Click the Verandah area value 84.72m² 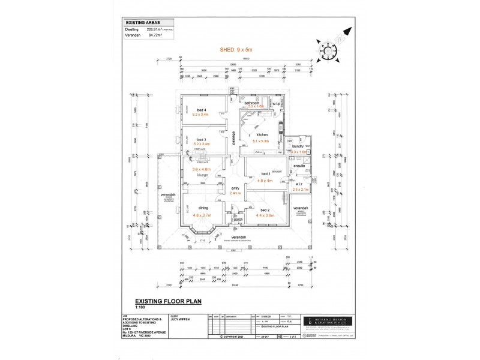(x=151, y=34)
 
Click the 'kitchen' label (x=262, y=135)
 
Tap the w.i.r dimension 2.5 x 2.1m (x=300, y=190)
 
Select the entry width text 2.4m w (x=235, y=193)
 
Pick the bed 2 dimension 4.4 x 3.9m (x=265, y=214)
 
